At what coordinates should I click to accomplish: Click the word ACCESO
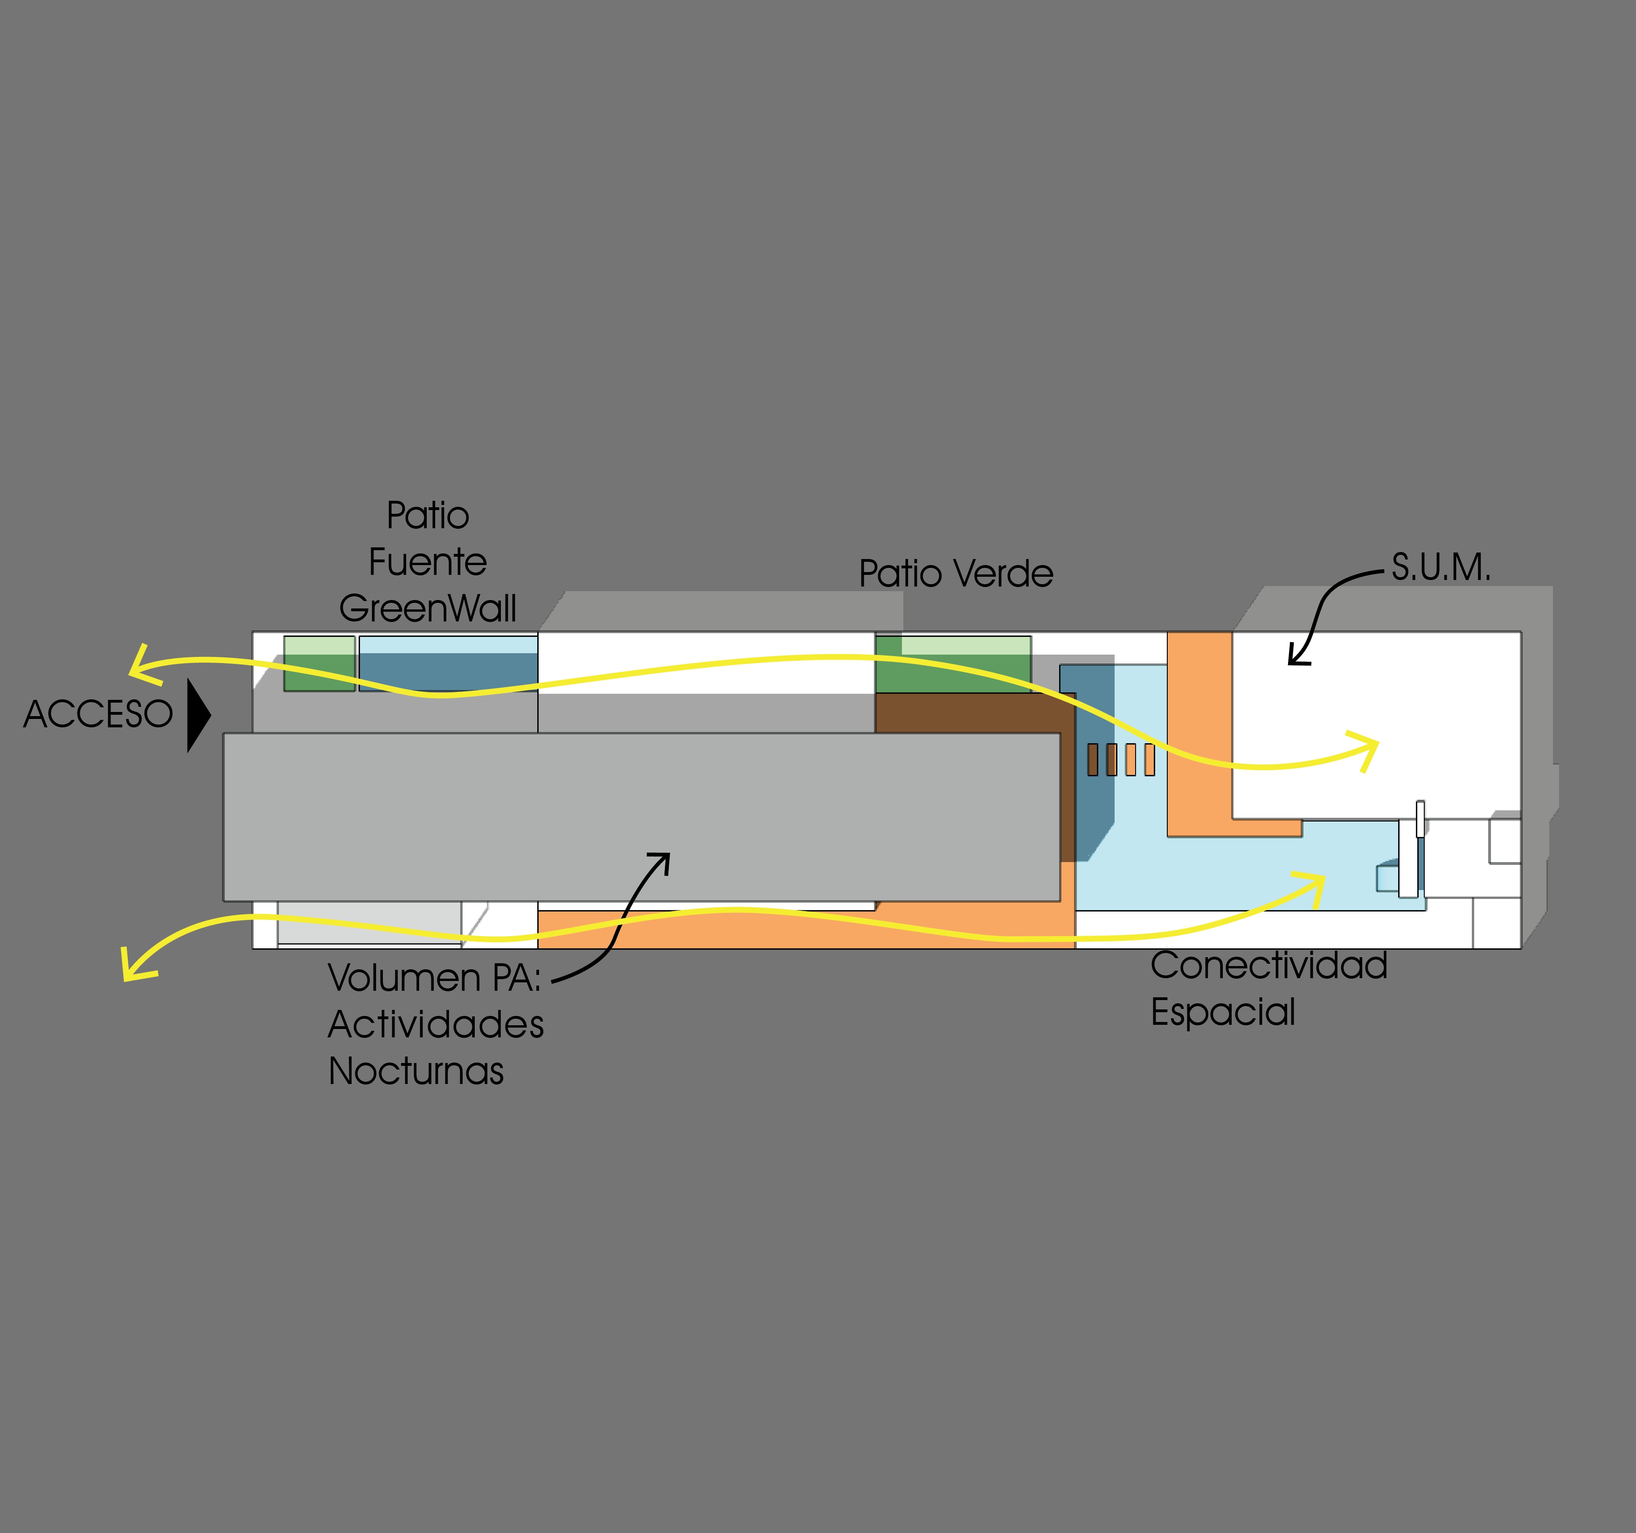point(98,714)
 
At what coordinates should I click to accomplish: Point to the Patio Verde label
point(956,573)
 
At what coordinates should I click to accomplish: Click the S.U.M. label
point(1441,567)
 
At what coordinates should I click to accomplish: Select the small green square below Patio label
point(319,664)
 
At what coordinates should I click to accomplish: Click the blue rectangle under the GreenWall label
point(449,664)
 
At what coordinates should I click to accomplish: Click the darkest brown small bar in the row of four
point(1093,760)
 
